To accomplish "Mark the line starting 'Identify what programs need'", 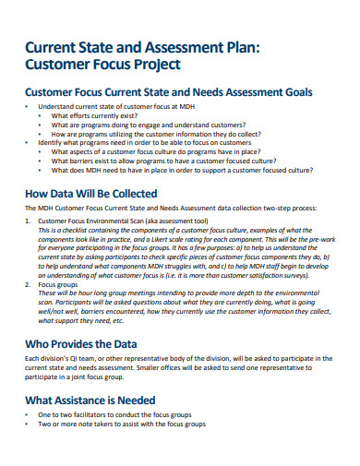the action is pyautogui.click(x=143, y=143).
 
